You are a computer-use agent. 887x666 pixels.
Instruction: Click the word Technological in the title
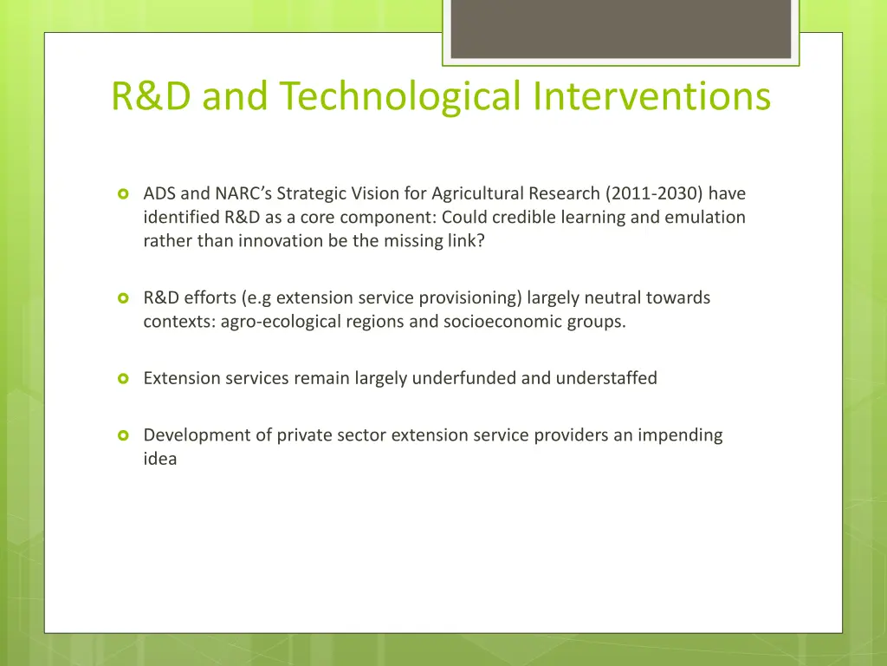coord(398,96)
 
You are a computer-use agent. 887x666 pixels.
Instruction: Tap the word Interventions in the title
coord(652,96)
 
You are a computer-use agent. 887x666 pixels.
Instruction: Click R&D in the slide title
coord(152,96)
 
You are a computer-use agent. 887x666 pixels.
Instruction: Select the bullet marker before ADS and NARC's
coord(123,193)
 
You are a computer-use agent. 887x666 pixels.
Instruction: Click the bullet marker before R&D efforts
coord(123,298)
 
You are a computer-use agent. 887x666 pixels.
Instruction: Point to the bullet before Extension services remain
coord(123,378)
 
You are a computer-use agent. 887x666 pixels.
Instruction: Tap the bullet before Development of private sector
coord(123,435)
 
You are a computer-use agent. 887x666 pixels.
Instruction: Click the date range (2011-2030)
coord(654,193)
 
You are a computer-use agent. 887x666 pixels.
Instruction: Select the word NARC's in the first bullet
coord(243,193)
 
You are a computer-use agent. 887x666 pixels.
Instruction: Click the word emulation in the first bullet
coord(704,217)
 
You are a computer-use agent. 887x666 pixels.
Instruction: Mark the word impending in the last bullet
coord(680,434)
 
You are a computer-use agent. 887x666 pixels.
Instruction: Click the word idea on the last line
coord(160,459)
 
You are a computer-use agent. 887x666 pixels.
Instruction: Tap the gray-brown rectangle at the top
coord(620,28)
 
